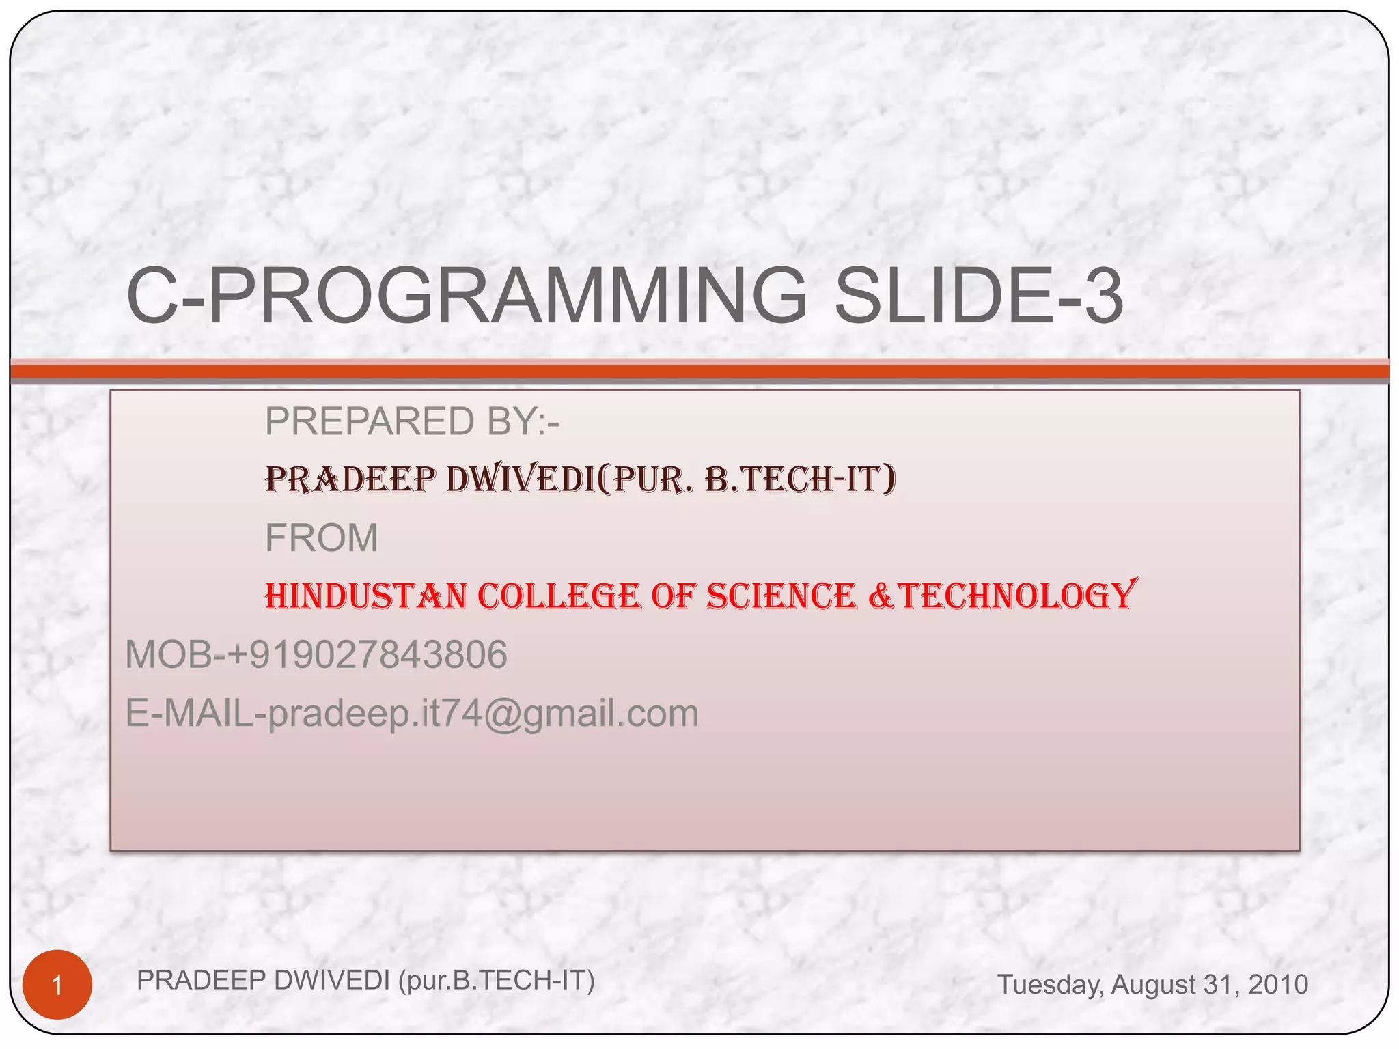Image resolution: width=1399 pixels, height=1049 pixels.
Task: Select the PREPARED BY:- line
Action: pos(412,421)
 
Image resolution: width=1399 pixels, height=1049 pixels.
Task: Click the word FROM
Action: pos(321,537)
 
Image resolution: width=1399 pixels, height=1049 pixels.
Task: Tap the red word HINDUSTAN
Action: pos(366,596)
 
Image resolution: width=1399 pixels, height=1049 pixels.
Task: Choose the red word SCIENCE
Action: pos(781,596)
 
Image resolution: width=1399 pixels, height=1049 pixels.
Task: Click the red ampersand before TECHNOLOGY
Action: pos(881,596)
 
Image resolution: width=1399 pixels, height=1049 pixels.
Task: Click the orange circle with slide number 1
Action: pos(57,985)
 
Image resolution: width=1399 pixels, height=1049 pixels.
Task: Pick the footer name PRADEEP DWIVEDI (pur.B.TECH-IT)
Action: pos(365,980)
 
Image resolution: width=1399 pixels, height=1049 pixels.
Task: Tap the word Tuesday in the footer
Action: pos(1050,984)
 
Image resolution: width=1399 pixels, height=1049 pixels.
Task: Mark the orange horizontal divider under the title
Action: pos(699,372)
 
